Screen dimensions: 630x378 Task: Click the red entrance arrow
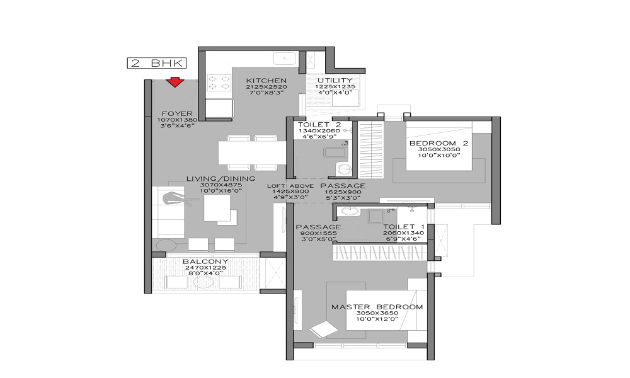(175, 82)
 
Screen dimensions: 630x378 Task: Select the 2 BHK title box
(157, 63)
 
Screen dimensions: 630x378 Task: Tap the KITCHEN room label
(266, 81)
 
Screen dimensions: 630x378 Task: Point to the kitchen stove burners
(219, 83)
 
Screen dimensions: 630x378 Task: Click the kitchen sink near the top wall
(285, 59)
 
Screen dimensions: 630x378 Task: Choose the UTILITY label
(335, 81)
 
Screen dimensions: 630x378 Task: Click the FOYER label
(177, 113)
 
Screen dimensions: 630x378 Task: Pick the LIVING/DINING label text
(220, 178)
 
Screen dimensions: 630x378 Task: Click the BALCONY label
(205, 261)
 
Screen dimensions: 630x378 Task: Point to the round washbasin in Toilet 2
(344, 169)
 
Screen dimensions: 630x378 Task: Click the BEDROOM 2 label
(438, 143)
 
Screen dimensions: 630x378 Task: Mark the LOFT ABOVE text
(290, 186)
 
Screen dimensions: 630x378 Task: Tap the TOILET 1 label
(404, 227)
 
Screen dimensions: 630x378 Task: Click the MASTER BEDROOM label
(377, 307)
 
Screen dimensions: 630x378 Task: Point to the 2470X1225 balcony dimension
(206, 268)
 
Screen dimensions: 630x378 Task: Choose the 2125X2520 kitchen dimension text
(266, 87)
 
